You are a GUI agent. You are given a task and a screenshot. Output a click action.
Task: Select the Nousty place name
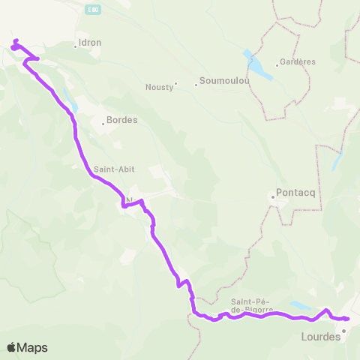(159, 87)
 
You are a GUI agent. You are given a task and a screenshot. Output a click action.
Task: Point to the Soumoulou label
(220, 83)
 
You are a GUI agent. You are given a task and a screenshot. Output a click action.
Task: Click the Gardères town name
(298, 62)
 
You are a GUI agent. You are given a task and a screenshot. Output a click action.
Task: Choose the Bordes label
(122, 120)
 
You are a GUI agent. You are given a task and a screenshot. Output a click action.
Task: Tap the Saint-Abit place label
(114, 169)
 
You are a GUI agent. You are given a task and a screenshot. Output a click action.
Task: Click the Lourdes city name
(320, 337)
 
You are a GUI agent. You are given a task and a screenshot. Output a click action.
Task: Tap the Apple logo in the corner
(12, 347)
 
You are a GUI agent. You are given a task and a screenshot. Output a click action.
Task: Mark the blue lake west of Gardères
(257, 65)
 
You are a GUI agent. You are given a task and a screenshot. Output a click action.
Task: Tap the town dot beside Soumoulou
(196, 84)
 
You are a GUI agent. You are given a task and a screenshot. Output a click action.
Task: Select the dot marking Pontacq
(272, 197)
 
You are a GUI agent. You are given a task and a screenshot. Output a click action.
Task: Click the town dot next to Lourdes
(343, 330)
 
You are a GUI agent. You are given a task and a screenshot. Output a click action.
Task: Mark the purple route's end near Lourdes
(348, 319)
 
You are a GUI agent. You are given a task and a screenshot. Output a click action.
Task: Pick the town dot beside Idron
(76, 46)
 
